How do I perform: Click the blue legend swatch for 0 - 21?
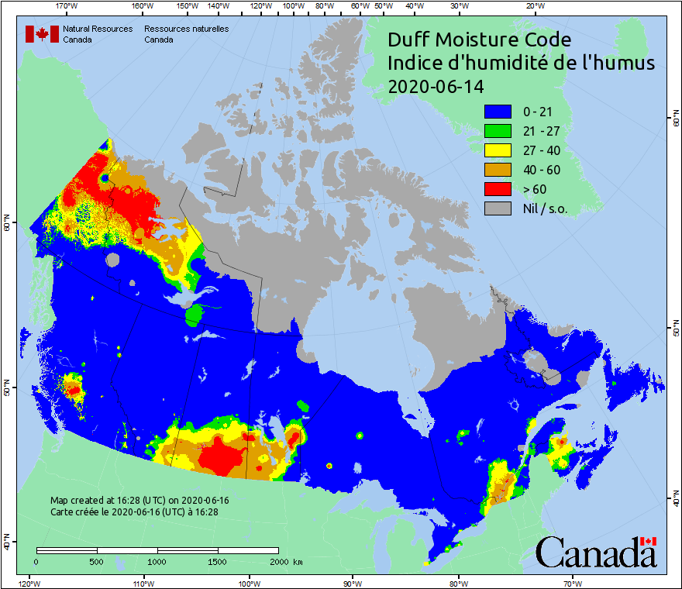coord(498,112)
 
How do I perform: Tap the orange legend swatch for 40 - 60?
coord(498,170)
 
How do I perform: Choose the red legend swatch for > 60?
coord(498,189)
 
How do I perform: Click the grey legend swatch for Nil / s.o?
coord(498,208)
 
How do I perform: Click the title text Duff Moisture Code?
coord(479,40)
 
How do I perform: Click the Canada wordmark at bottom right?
coord(595,553)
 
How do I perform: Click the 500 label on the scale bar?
coord(97,561)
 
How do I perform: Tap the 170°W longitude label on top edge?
coord(67,5)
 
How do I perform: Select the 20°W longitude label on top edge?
coord(534,5)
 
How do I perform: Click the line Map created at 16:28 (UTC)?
coord(139,501)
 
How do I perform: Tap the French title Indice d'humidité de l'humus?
coord(521,63)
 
